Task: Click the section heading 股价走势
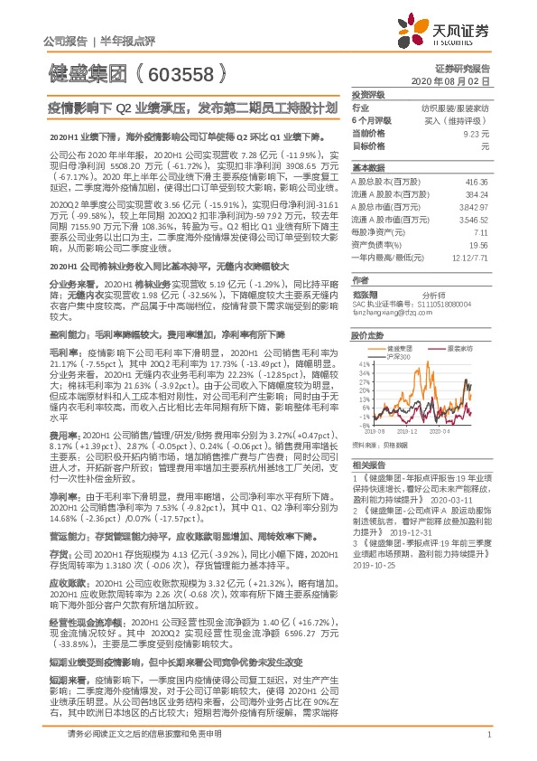[364, 334]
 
